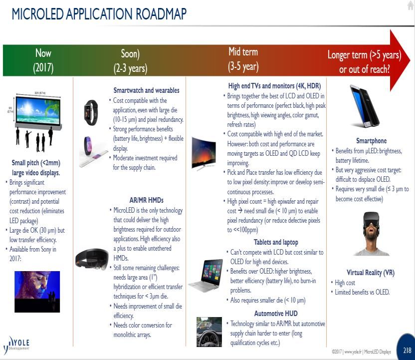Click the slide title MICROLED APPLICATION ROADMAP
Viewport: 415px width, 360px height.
99,14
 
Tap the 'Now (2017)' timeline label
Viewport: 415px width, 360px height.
43,60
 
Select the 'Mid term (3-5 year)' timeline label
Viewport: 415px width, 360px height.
243,59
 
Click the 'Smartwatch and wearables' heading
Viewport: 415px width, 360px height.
146,90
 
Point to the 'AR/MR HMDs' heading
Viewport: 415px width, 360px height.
146,200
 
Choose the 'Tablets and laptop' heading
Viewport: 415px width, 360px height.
276,242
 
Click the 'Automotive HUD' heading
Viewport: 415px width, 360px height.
276,314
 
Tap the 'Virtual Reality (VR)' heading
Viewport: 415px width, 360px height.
371,273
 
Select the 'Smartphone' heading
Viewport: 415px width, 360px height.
371,141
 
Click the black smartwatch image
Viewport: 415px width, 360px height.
91,112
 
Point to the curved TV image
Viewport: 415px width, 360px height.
204,153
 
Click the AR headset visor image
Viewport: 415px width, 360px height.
92,259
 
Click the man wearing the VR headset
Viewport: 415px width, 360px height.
371,233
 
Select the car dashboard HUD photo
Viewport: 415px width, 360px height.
209,332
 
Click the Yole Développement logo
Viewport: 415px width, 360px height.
16,345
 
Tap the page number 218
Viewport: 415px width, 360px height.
407,350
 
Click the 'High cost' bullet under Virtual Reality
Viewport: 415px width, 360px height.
345,283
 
